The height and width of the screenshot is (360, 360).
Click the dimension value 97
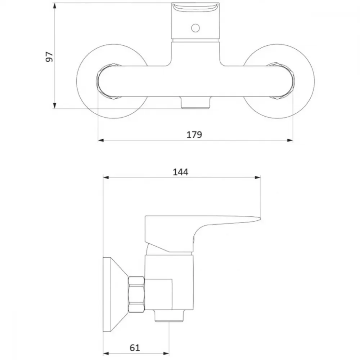pos(49,57)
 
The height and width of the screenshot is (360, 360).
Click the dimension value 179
pos(194,135)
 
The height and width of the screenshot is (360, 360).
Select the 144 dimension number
pos(180,172)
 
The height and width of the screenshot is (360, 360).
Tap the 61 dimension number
pos(135,348)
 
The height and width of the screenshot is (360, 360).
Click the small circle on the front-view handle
pos(195,28)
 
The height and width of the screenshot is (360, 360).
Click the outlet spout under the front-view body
pos(195,102)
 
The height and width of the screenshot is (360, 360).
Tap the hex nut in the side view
pos(136,294)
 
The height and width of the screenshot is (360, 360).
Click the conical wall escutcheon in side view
pos(115,294)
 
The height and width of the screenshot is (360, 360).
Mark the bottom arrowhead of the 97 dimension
pos(54,105)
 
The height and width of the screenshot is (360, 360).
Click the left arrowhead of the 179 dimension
pos(101,140)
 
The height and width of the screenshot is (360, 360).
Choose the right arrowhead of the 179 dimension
pos(290,140)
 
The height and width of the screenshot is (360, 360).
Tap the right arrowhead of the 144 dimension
pos(258,177)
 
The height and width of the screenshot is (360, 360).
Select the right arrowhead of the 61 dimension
pos(166,354)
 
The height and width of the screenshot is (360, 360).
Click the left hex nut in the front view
pos(108,81)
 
